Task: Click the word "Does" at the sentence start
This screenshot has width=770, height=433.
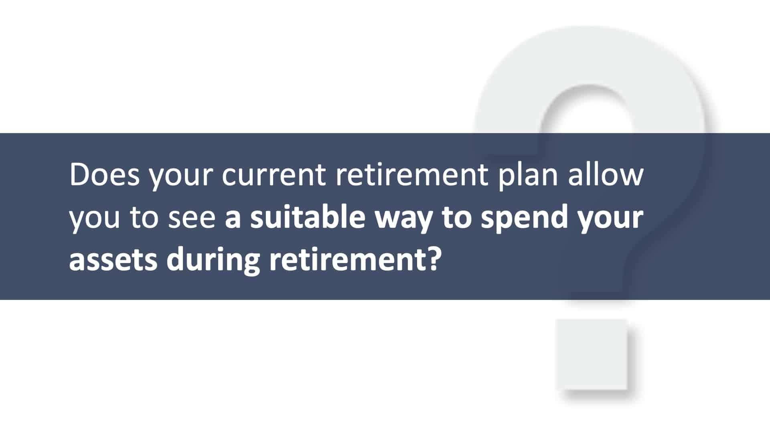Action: point(104,175)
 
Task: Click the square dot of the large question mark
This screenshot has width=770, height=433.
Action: point(591,354)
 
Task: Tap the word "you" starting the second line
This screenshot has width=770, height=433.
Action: point(95,222)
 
